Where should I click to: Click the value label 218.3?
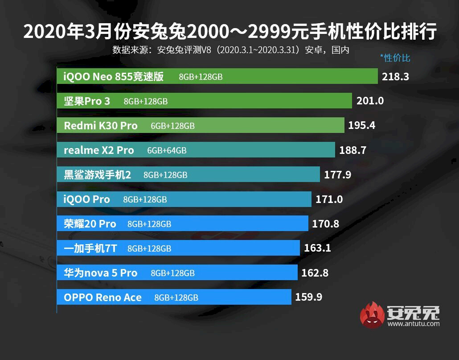(x=395, y=76)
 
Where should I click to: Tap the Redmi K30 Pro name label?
(x=101, y=125)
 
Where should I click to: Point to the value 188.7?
(x=352, y=150)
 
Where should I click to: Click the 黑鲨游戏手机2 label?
(x=97, y=174)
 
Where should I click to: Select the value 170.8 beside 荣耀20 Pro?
(x=325, y=223)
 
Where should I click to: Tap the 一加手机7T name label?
(x=90, y=248)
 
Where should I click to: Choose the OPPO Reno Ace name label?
(x=102, y=297)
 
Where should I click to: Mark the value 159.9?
(x=308, y=297)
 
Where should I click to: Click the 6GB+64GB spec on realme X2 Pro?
(x=167, y=150)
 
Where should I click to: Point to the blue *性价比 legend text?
(x=395, y=58)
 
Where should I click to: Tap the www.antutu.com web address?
(x=413, y=323)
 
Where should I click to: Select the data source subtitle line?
(x=230, y=50)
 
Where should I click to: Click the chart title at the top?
(x=229, y=32)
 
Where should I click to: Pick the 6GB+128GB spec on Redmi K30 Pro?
(x=172, y=126)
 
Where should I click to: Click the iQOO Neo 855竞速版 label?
(x=114, y=76)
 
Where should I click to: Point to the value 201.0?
(x=370, y=101)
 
